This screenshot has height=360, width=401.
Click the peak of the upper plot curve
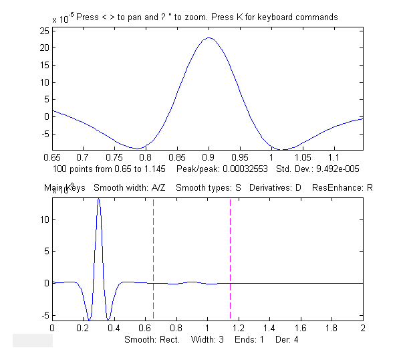pyautogui.click(x=209, y=37)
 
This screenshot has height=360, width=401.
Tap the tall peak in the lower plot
pyautogui.click(x=99, y=199)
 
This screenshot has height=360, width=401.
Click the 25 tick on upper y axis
pyautogui.click(x=52, y=31)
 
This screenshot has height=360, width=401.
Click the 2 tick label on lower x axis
pyautogui.click(x=363, y=329)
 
